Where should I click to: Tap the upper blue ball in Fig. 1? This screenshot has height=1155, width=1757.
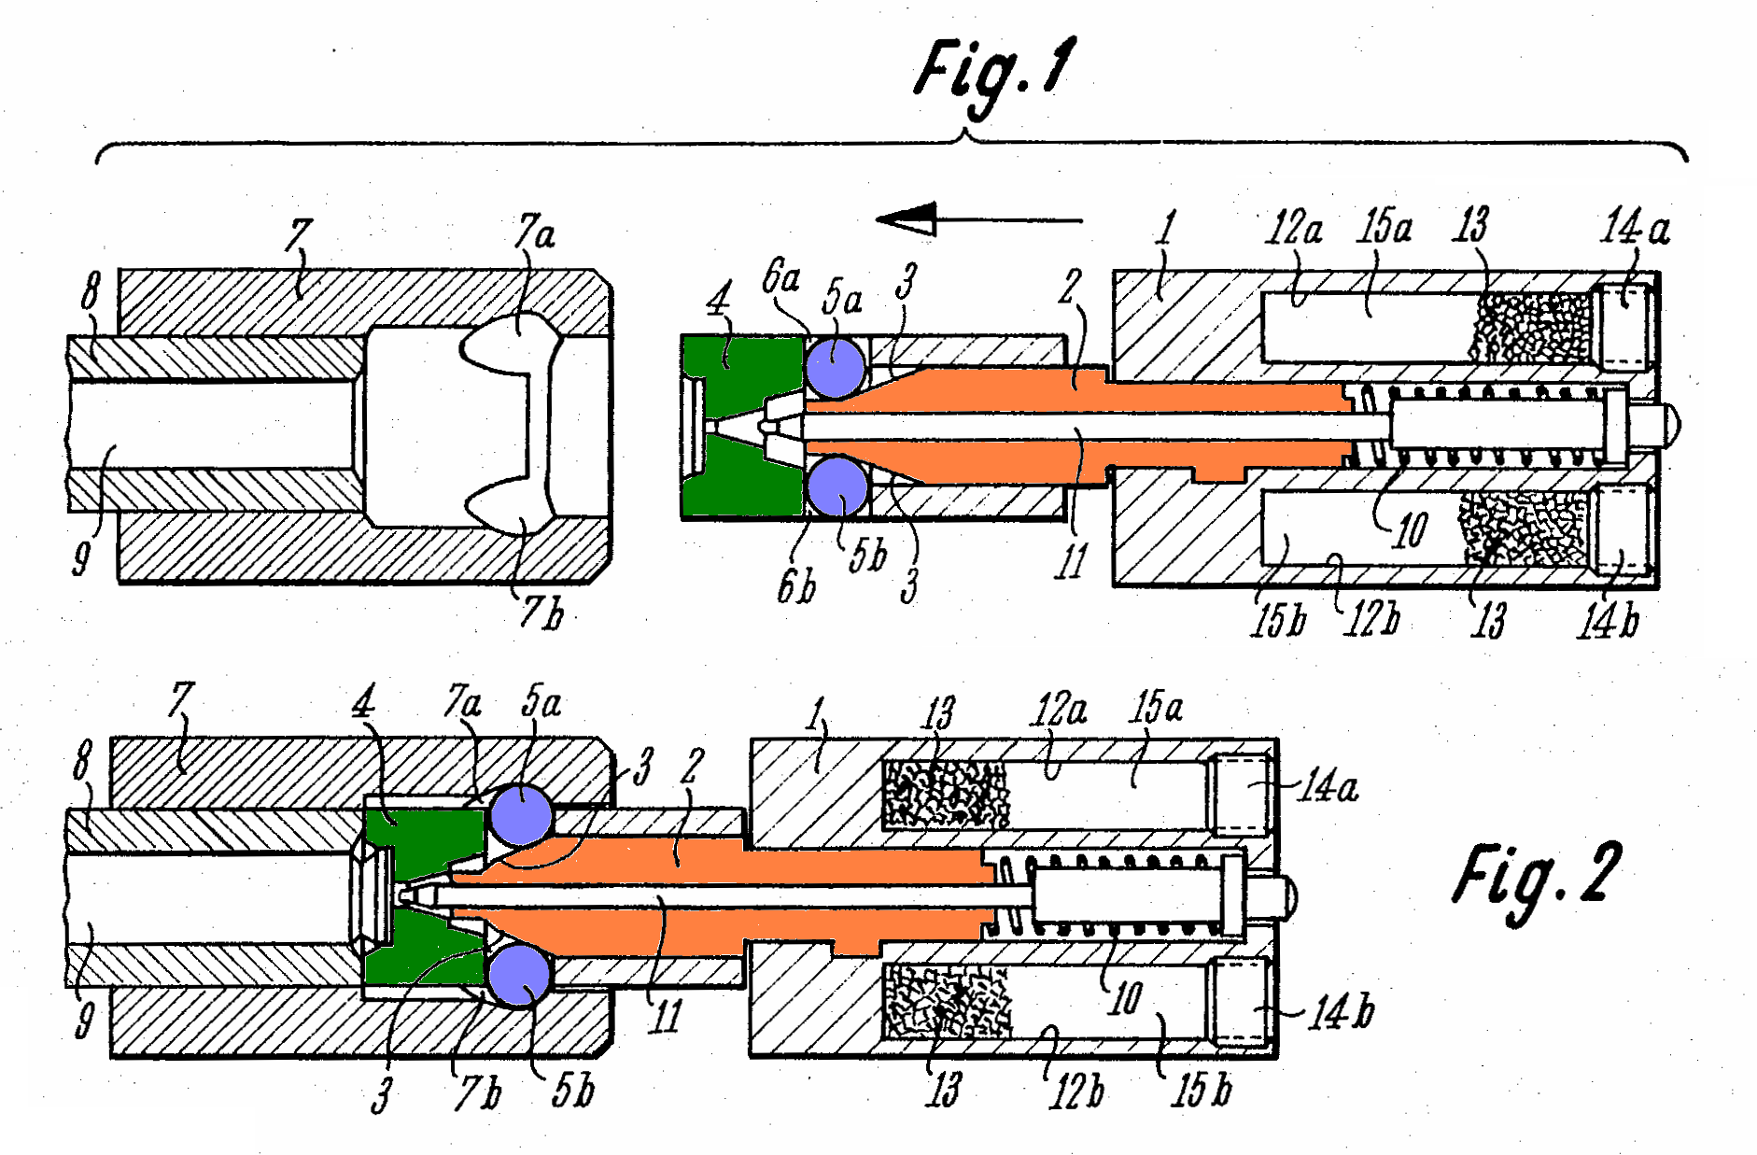tap(836, 368)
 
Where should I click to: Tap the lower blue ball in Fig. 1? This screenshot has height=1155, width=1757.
tap(836, 486)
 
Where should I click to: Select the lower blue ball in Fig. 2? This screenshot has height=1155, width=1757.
tap(520, 974)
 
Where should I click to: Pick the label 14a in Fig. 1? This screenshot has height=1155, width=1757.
tap(1636, 227)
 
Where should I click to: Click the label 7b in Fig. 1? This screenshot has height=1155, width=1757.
tap(542, 613)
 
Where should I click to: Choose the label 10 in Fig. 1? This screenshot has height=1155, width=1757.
tap(1410, 530)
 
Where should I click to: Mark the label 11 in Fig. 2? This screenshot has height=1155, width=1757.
tap(666, 1016)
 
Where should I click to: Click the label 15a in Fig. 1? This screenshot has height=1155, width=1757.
tap(1385, 227)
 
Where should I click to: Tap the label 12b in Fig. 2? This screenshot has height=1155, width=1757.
tap(1076, 1091)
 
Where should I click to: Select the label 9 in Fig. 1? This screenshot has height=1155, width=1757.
tap(82, 558)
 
